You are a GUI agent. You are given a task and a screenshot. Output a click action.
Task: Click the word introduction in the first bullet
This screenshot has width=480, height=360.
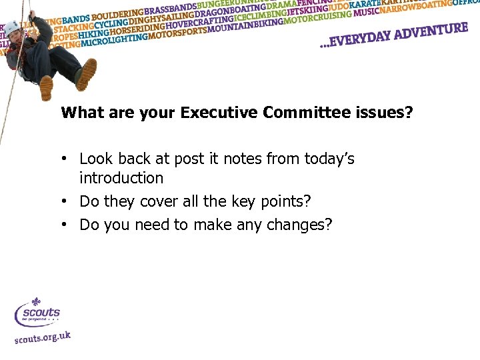(x=121, y=178)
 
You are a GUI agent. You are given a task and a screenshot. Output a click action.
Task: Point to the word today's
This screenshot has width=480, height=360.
(x=329, y=159)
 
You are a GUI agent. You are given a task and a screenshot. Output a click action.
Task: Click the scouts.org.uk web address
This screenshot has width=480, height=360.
(x=43, y=337)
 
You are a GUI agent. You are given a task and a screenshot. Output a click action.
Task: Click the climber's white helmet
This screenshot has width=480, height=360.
(x=13, y=27)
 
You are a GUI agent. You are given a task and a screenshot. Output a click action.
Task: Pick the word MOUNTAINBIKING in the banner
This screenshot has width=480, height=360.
(x=246, y=26)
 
